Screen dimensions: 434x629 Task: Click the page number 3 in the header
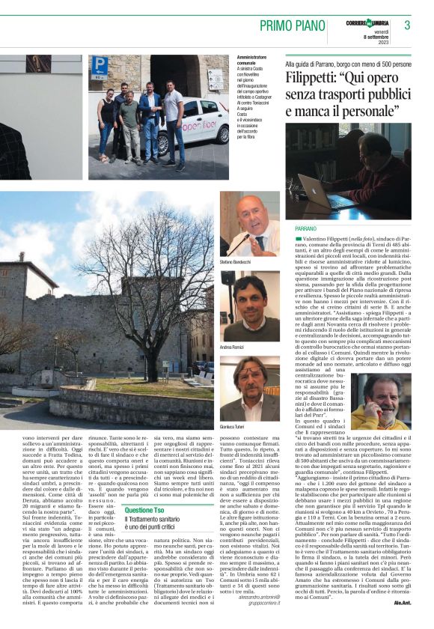[x=407, y=25]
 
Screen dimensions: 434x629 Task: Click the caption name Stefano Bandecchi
[x=238, y=261]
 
